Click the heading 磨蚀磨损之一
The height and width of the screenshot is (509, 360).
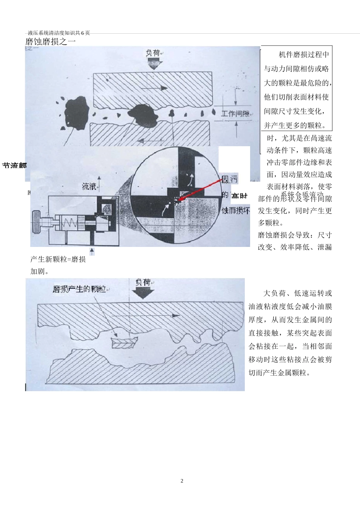50,42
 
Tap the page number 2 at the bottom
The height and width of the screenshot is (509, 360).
182,481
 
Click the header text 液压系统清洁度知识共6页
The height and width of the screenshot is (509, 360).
59,33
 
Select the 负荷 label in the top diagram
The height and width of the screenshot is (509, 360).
153,53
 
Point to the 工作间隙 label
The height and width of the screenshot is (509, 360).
235,114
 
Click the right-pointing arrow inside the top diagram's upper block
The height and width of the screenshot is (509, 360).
155,88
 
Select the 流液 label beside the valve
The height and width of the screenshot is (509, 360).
89,186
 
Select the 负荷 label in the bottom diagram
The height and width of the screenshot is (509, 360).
143,283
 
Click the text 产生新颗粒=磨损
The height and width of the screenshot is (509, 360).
58,259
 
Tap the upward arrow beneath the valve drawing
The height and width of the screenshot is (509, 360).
92,251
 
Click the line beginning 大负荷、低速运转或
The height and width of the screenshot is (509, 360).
297,293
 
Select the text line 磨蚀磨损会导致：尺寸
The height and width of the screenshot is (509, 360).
295,235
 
